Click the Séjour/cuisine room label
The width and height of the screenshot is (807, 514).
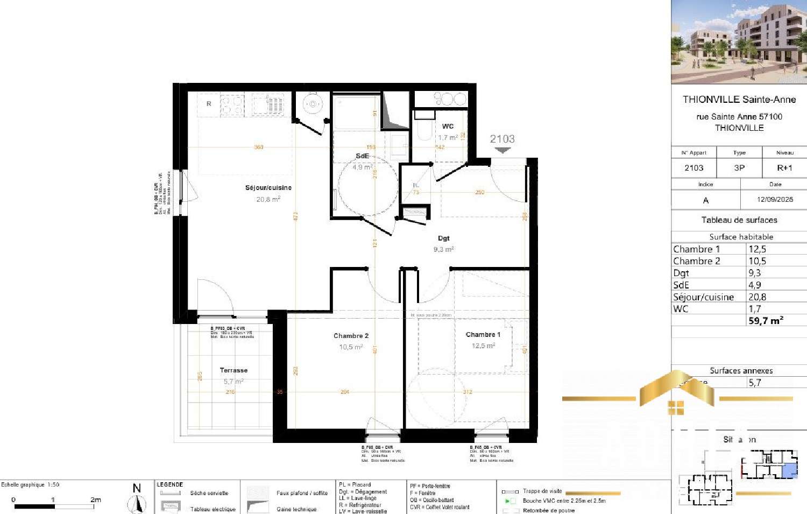pyautogui.click(x=268, y=188)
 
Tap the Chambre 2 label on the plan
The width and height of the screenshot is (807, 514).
pyautogui.click(x=351, y=336)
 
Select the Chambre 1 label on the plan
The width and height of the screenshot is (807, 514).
pyautogui.click(x=483, y=335)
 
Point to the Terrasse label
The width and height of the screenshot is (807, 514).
pyautogui.click(x=233, y=370)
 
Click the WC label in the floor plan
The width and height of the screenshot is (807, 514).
pyautogui.click(x=448, y=126)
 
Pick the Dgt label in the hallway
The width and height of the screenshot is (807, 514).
pyautogui.click(x=443, y=238)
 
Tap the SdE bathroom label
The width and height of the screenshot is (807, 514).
pyautogui.click(x=362, y=156)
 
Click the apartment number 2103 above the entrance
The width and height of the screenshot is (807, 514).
pyautogui.click(x=502, y=139)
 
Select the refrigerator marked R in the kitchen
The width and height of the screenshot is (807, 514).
pyautogui.click(x=209, y=104)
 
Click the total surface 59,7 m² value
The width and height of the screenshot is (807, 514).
pyautogui.click(x=765, y=321)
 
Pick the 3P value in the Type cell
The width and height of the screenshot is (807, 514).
pyautogui.click(x=739, y=168)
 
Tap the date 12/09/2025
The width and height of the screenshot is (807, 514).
pyautogui.click(x=775, y=199)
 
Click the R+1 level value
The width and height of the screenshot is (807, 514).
pyautogui.click(x=784, y=168)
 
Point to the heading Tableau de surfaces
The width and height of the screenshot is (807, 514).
pyautogui.click(x=739, y=220)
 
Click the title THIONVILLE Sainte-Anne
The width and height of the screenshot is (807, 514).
pyautogui.click(x=739, y=100)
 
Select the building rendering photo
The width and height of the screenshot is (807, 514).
pyautogui.click(x=739, y=42)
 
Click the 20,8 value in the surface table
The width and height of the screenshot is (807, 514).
pyautogui.click(x=757, y=297)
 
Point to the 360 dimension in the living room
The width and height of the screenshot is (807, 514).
pyautogui.click(x=259, y=147)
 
